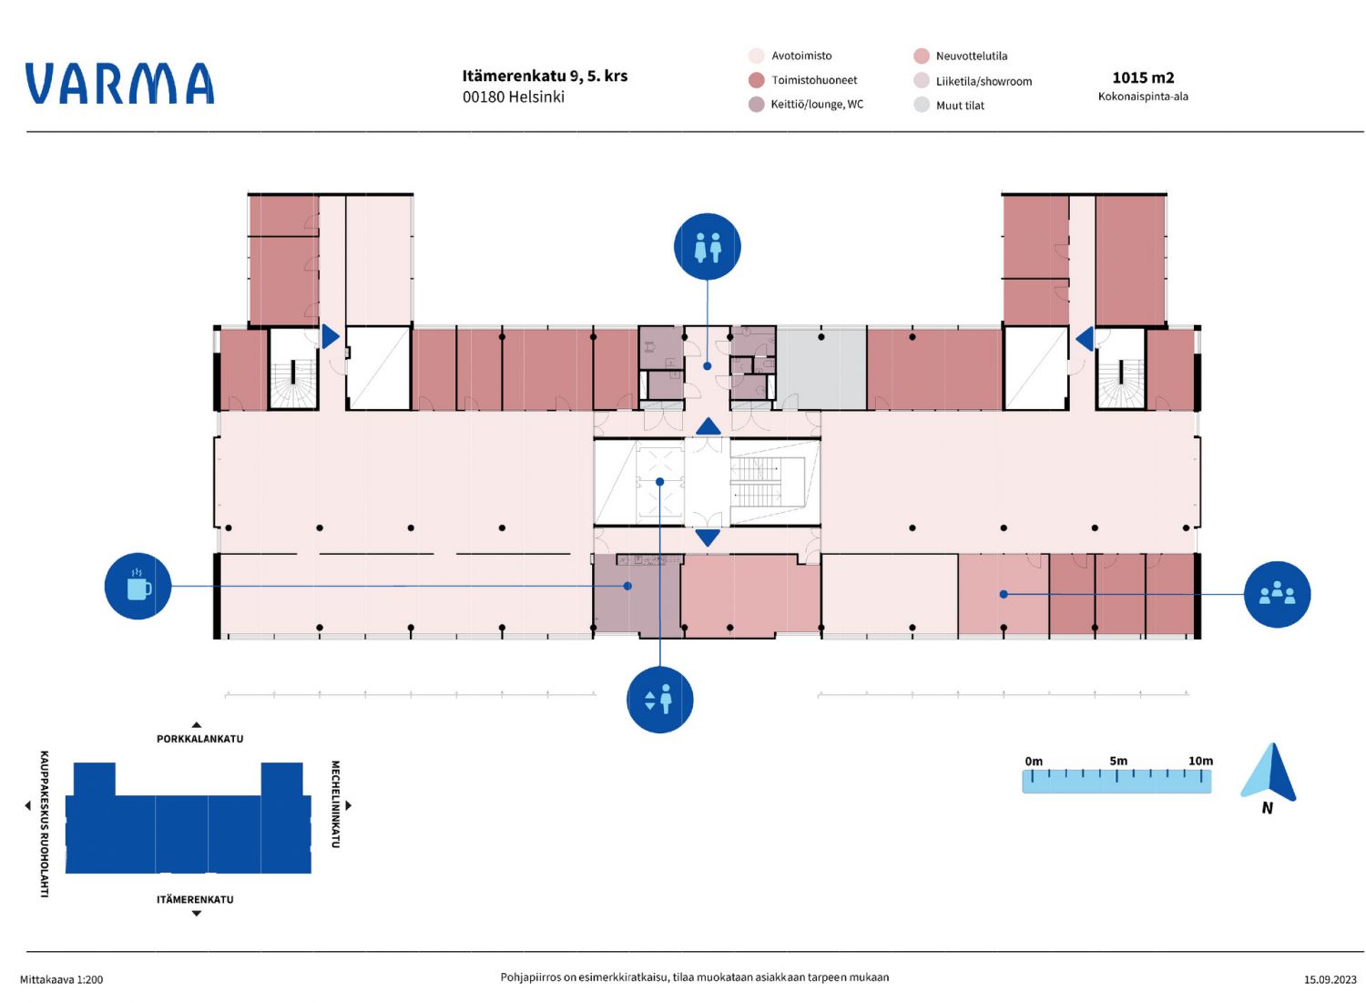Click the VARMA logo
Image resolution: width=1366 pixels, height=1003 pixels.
coord(119,83)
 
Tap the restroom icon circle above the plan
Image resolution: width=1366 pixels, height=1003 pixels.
coord(708,247)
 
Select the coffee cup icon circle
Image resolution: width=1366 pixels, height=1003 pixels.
coord(138,587)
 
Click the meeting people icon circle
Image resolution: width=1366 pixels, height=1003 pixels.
coord(1277,594)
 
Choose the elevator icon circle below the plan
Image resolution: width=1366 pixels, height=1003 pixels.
coord(660,699)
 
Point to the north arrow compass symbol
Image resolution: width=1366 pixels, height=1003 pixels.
coord(1269,773)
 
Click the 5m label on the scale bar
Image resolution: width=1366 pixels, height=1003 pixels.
coord(1118,761)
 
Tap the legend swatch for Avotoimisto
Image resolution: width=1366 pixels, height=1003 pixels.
coord(756,56)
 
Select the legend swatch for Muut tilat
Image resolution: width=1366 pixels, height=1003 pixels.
coord(922,105)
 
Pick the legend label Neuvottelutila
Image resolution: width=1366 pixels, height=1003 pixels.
coord(972,56)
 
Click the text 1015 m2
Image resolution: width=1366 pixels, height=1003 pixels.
coord(1143,77)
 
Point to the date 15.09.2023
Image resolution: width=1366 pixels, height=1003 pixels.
coord(1330,980)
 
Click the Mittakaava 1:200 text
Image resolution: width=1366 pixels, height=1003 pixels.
coord(62,980)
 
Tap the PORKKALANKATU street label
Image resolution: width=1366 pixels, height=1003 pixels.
coord(200,739)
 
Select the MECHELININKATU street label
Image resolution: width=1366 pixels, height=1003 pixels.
coord(335,804)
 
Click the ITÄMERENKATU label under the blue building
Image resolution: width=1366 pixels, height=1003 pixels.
coord(195,899)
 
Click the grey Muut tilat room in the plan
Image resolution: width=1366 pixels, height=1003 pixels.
coord(821,369)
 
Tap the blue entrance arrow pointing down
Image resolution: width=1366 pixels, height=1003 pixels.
coord(708,537)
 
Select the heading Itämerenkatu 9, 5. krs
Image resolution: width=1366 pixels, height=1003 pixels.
coord(545,76)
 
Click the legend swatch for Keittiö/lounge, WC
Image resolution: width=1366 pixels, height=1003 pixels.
coord(756,105)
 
